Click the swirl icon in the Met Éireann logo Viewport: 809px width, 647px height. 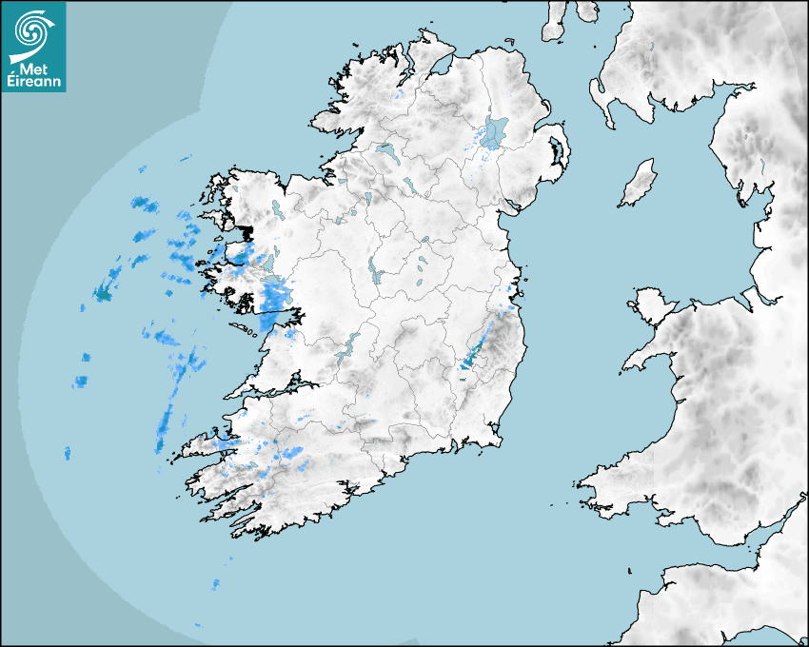pyautogui.click(x=32, y=31)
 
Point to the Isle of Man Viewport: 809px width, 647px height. pyautogui.click(x=639, y=183)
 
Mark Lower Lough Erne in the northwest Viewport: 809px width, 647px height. pyautogui.click(x=385, y=149)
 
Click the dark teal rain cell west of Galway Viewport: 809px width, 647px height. pyautogui.click(x=103, y=295)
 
